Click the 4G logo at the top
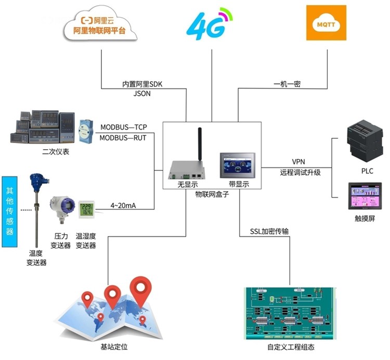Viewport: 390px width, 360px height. coord(209,23)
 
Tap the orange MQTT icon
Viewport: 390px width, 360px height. coord(326,23)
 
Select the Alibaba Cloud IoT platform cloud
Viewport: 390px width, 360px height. coord(101,24)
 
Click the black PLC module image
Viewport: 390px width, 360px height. coord(363,140)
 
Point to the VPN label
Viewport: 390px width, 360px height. coord(298,162)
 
